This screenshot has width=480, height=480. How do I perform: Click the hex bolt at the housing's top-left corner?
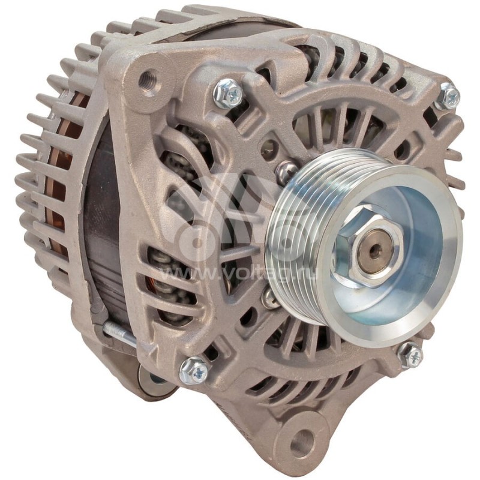tap(229, 92)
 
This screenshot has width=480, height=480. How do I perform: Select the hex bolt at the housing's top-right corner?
tap(448, 96)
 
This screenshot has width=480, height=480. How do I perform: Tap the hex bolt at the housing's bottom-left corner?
tap(193, 370)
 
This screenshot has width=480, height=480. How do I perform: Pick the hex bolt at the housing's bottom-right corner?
tap(411, 355)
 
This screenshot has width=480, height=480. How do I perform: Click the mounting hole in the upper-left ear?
tap(148, 80)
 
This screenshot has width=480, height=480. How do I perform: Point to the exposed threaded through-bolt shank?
tap(119, 331)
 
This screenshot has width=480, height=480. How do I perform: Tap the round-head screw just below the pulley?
tap(271, 298)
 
